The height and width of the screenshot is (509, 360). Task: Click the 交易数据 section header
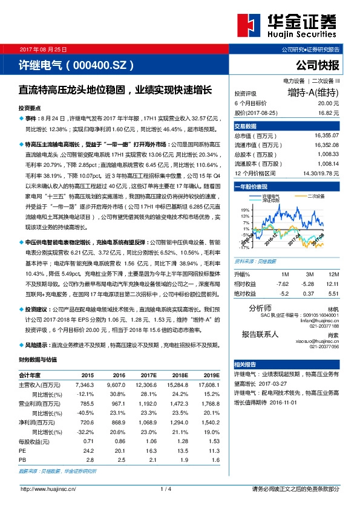[246, 126]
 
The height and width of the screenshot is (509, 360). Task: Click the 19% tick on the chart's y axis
[245, 209]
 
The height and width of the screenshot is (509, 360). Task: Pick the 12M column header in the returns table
[332, 274]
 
